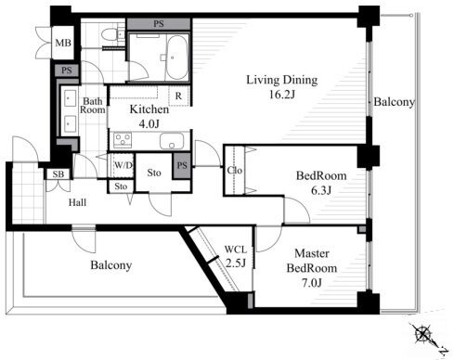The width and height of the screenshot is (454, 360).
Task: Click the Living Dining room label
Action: click(x=282, y=81)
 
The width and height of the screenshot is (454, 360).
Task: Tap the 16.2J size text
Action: click(x=282, y=95)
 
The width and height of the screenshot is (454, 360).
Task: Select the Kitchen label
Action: click(x=149, y=109)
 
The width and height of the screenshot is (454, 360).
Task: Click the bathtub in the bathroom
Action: click(x=177, y=58)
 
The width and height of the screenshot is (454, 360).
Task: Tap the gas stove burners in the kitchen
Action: click(x=123, y=140)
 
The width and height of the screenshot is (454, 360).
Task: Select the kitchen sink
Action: click(x=172, y=141)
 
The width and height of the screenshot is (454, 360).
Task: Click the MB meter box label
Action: click(x=63, y=43)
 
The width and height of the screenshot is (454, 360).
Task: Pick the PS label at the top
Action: click(x=159, y=24)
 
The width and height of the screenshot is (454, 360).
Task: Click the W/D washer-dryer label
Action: click(x=123, y=165)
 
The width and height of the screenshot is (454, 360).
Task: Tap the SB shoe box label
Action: click(x=58, y=174)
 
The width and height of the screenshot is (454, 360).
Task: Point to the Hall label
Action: click(x=77, y=202)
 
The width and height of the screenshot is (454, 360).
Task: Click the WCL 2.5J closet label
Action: click(x=236, y=256)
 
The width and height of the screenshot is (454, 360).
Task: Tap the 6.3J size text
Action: click(x=321, y=190)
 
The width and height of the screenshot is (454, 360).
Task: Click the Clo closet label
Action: click(x=235, y=170)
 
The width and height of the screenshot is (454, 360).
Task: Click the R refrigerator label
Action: click(x=178, y=96)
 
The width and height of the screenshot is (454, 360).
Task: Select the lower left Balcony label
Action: click(x=111, y=265)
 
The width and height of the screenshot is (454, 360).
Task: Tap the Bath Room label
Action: click(x=93, y=106)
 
